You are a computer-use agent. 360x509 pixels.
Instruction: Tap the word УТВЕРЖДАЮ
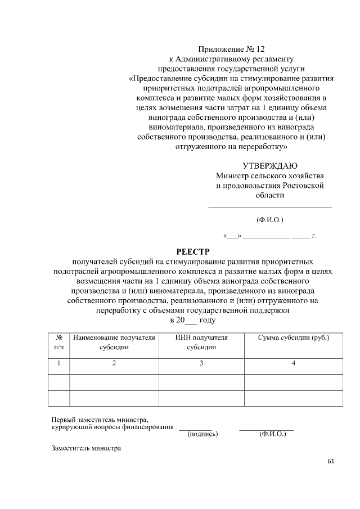pyautogui.click(x=270, y=165)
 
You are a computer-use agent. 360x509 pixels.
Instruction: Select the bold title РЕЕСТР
pyautogui.click(x=193, y=251)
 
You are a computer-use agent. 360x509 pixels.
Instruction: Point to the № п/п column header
pyautogui.click(x=58, y=343)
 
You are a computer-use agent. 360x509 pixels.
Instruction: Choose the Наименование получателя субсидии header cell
pyautogui.click(x=114, y=343)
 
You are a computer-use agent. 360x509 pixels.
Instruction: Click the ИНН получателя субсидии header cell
pyautogui.click(x=201, y=343)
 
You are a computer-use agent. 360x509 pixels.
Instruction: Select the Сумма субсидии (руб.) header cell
pyautogui.click(x=293, y=338)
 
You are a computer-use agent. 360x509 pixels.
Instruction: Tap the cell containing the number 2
pyautogui.click(x=114, y=363)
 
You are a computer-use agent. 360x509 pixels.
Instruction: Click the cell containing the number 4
pyautogui.click(x=293, y=363)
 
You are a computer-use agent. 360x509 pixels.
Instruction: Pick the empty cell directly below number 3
pyautogui.click(x=201, y=382)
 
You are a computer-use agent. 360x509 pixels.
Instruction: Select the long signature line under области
pyautogui.click(x=269, y=209)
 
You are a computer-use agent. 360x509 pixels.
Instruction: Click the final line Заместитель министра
pyautogui.click(x=83, y=449)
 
